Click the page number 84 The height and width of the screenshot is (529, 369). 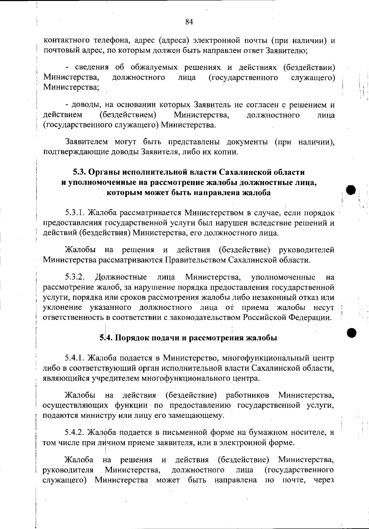pyautogui.click(x=189, y=22)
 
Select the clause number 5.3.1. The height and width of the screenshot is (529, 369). pyautogui.click(x=75, y=213)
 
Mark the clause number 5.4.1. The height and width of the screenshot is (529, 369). pyautogui.click(x=75, y=358)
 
